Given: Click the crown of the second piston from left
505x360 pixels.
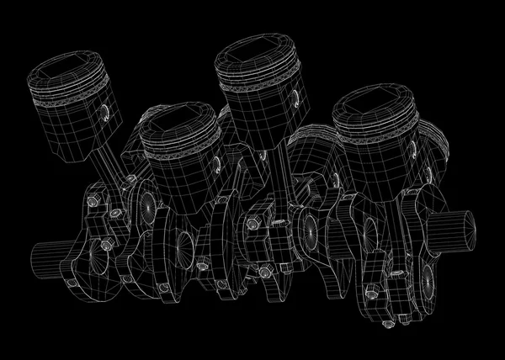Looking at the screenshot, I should pos(179,122).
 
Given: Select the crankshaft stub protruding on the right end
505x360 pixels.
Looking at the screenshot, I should pos(460,228).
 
